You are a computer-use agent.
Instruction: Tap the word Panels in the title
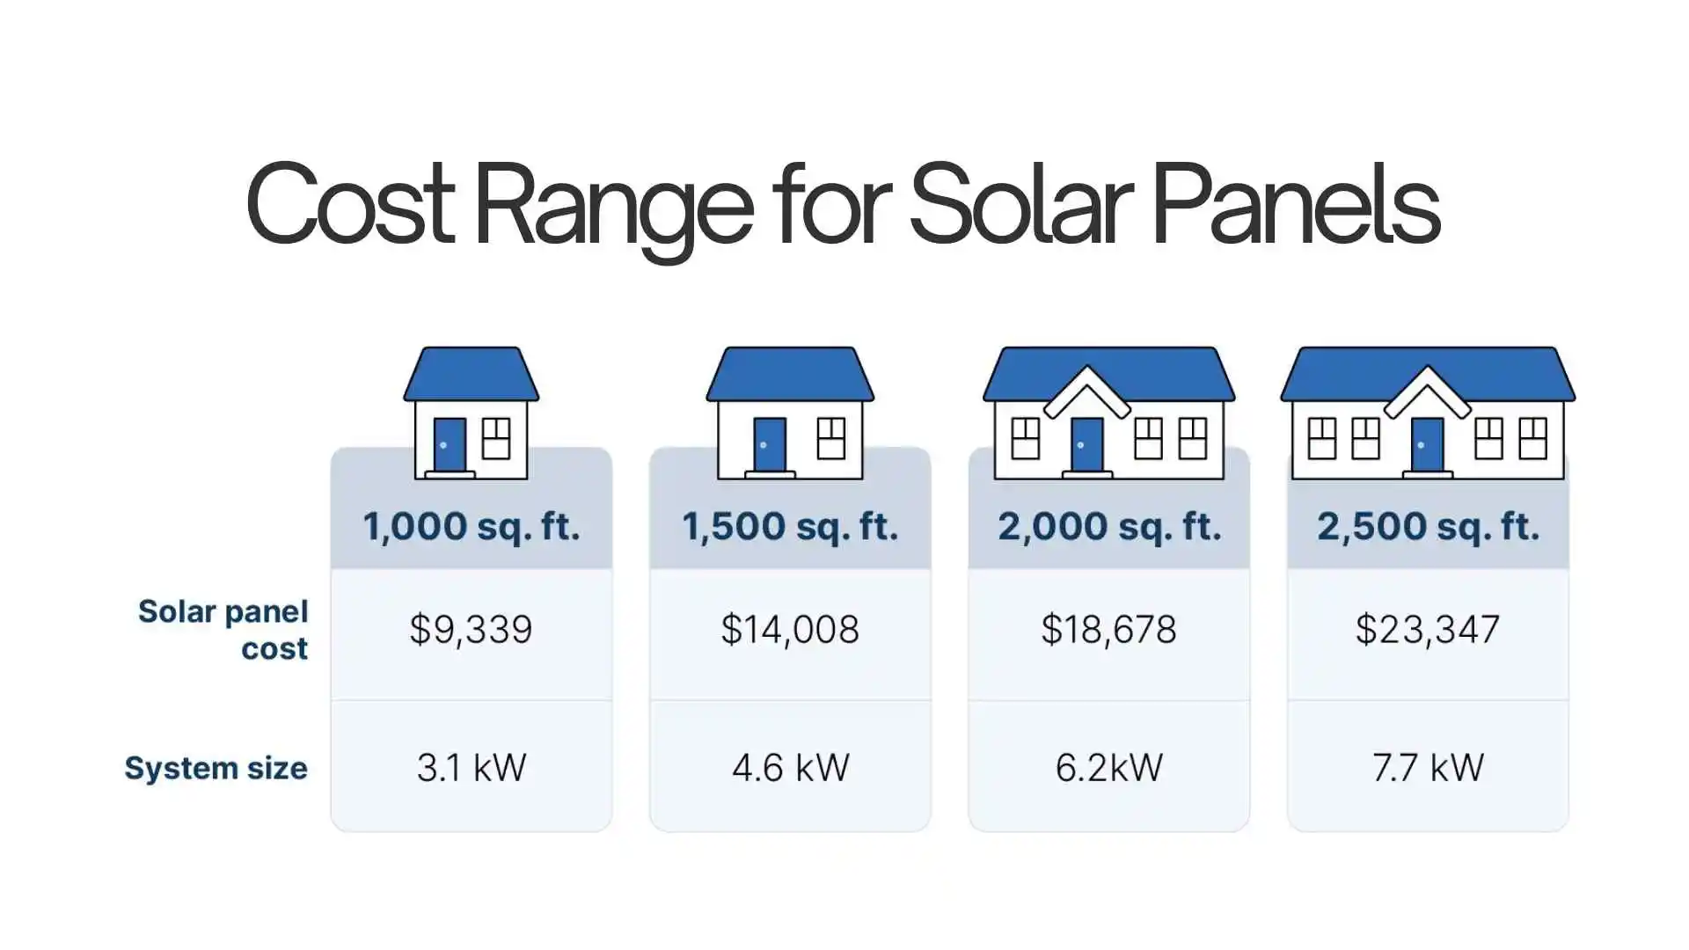tap(1295, 204)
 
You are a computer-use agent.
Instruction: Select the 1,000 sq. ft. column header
tap(472, 526)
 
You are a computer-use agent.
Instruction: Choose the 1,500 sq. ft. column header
tap(790, 526)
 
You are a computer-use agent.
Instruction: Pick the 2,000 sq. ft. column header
tap(1109, 526)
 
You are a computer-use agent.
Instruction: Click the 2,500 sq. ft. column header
tap(1428, 526)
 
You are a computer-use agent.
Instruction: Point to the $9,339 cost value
tap(472, 630)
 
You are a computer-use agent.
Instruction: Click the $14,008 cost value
tap(790, 630)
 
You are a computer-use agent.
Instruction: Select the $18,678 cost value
tap(1109, 630)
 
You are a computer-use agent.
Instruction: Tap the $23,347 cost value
tap(1428, 630)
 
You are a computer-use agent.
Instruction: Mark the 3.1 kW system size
tap(472, 768)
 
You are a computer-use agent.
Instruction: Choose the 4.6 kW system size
tap(790, 768)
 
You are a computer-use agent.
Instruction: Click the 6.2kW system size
tap(1109, 768)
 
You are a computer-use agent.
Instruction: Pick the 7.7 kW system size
tap(1428, 768)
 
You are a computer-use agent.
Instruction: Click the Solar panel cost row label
tap(223, 630)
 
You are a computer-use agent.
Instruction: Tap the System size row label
tap(216, 768)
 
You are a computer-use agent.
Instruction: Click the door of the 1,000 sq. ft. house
tap(450, 445)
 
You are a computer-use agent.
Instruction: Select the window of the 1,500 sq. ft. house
tap(830, 438)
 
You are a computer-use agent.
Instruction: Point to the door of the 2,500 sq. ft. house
tap(1427, 445)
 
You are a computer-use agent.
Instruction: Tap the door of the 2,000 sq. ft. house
tap(1087, 445)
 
